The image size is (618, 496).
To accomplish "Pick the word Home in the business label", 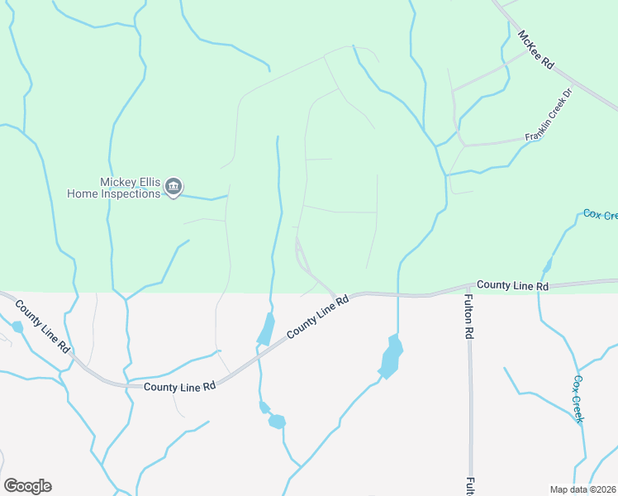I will [83, 193].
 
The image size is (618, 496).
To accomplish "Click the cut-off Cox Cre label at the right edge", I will [600, 215].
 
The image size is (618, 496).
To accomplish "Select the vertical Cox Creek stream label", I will [579, 399].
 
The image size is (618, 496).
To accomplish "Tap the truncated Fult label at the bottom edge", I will [469, 486].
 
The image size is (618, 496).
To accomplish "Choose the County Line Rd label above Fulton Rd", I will [512, 285].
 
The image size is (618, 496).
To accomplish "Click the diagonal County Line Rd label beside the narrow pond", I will [318, 316].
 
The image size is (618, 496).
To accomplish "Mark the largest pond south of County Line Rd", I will [391, 356].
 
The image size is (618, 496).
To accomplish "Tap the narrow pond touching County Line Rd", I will [267, 329].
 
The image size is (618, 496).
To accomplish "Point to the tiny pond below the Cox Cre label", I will [547, 265].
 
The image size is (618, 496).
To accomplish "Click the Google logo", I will [27, 486].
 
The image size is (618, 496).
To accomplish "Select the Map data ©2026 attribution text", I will [582, 489].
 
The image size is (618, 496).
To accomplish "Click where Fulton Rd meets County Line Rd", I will [468, 290].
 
